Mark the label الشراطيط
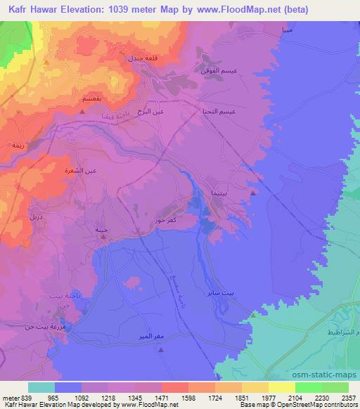click(x=340, y=331)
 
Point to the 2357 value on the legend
click(x=348, y=396)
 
